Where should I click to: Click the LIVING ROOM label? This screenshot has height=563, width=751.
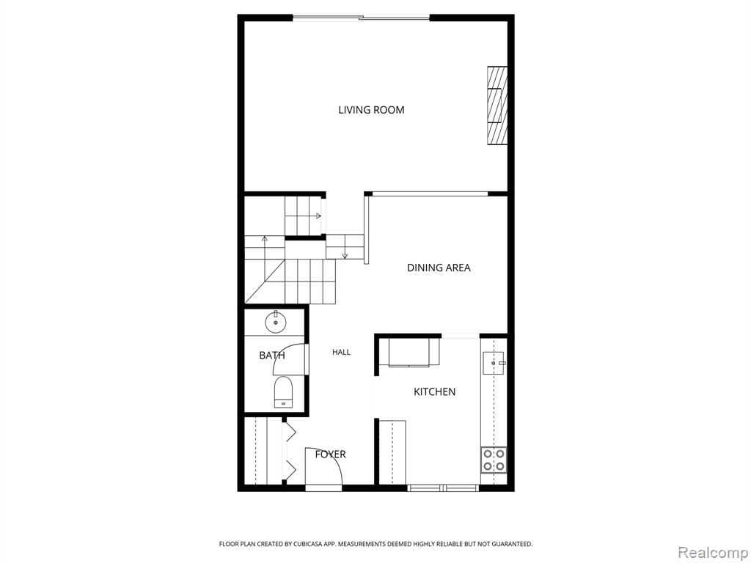(x=371, y=110)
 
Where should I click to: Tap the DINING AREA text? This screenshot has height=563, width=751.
(x=439, y=268)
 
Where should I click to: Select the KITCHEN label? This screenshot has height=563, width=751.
(x=434, y=392)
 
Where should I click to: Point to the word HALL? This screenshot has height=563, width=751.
(x=342, y=353)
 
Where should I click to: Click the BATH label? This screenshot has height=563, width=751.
(x=272, y=356)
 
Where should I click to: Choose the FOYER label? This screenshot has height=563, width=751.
(x=331, y=455)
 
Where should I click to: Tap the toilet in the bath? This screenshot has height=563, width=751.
(x=283, y=392)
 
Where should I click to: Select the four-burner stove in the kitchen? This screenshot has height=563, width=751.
(x=494, y=460)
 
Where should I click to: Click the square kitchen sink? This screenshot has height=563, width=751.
(x=494, y=364)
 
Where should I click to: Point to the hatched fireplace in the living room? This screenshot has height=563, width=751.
(x=497, y=106)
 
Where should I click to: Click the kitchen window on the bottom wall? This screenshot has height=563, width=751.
(x=443, y=488)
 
